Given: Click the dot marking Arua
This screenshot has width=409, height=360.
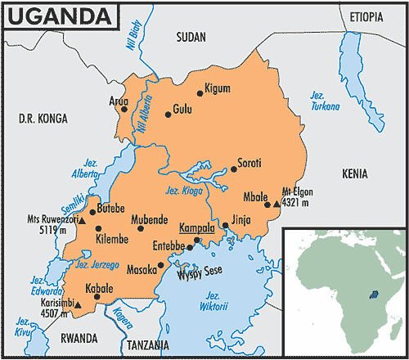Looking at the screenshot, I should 124,109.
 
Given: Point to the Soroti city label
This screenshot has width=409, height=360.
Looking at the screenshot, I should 249,162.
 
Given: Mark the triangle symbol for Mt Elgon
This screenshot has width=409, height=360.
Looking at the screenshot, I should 276,205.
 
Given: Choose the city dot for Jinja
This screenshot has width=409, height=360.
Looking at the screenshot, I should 225,226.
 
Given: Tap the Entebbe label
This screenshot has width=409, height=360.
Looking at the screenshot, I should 169,245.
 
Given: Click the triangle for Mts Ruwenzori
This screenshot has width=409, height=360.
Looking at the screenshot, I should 82,220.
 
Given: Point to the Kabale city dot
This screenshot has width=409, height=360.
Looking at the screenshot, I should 97,298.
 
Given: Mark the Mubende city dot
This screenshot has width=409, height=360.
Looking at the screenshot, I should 139,228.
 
